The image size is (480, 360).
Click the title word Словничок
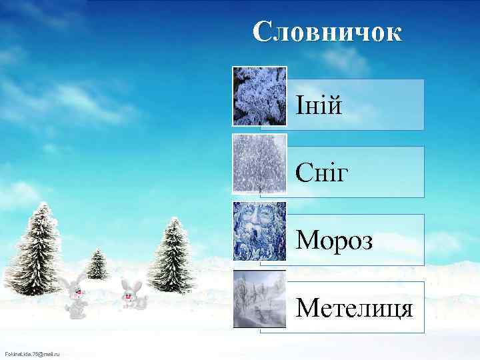[327, 31]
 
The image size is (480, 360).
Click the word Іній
[319, 105]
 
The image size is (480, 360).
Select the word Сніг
[323, 173]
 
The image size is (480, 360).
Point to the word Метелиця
[354, 308]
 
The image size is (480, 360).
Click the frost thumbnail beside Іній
[259, 96]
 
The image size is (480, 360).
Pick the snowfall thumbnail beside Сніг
[259, 163]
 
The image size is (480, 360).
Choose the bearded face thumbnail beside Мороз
[259, 231]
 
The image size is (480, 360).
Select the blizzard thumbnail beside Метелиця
[259, 299]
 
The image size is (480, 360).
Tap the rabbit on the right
[133, 295]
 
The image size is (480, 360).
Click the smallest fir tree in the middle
[97, 265]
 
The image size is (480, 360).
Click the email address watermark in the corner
[32, 353]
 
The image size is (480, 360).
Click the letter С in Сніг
[303, 173]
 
